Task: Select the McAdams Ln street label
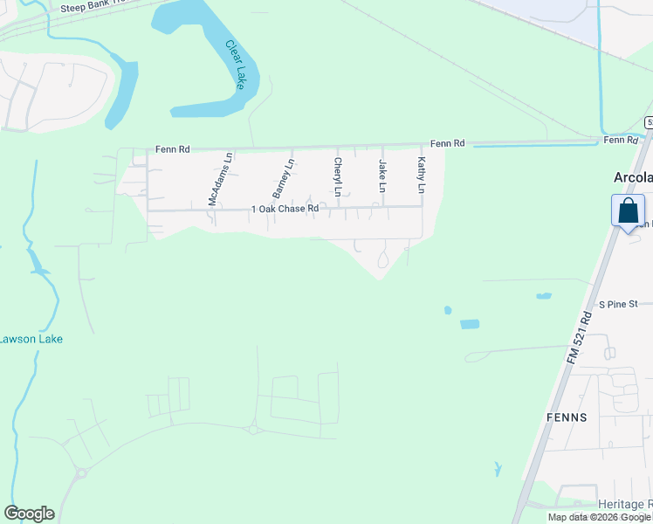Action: click(220, 180)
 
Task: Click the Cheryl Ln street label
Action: click(337, 176)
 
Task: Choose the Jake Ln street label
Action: click(381, 176)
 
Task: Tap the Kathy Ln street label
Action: click(421, 176)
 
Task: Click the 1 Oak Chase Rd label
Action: click(285, 209)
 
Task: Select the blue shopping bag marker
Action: click(628, 212)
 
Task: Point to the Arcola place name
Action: click(632, 176)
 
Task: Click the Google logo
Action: click(30, 513)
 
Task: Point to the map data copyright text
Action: click(600, 517)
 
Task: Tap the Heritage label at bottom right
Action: click(625, 505)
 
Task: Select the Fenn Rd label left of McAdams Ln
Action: click(172, 149)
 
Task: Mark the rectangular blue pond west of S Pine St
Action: click(470, 324)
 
